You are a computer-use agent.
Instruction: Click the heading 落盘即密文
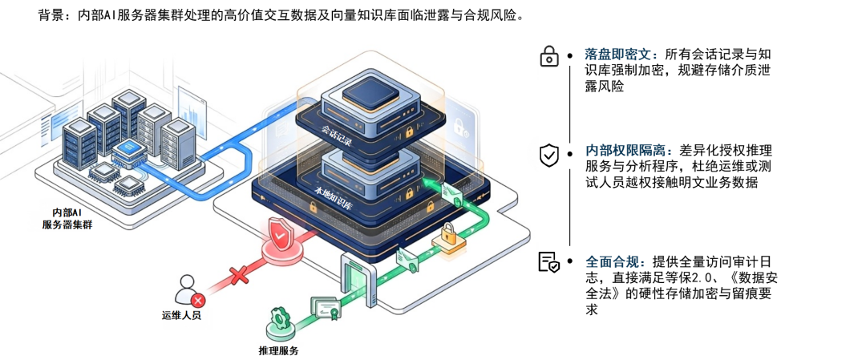[x=621, y=55]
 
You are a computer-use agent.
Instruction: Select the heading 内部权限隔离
[x=629, y=150]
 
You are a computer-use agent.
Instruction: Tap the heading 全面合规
[x=615, y=261]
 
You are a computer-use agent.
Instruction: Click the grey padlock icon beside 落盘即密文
[x=549, y=55]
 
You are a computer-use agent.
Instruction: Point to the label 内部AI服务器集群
[x=67, y=218]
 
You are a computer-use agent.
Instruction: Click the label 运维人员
[x=181, y=315]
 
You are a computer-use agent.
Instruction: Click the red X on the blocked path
[x=238, y=277]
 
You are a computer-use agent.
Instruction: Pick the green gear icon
[x=280, y=317]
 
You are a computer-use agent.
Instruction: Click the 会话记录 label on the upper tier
[x=337, y=131]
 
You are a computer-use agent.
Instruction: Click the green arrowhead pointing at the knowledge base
[x=428, y=186]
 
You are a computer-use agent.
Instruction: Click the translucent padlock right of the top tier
[x=460, y=126]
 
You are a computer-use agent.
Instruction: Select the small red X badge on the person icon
[x=197, y=299]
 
